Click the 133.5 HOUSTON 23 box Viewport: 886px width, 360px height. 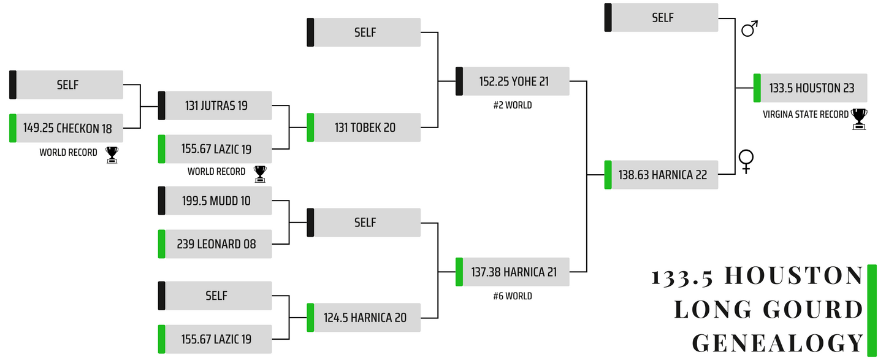811,88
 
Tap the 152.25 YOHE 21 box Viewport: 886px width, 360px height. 513,82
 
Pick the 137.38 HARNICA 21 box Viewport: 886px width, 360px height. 513,272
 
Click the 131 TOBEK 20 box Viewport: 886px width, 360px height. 364,128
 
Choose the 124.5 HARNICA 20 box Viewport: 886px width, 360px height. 364,318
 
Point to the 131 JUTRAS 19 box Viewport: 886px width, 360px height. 216,105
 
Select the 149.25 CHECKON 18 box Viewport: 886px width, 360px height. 67,128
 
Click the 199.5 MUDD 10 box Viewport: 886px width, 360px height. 216,201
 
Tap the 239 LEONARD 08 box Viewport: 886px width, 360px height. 216,244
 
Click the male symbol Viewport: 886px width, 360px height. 749,29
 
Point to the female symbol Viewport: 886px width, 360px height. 746,161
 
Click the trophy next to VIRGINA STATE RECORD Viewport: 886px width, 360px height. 859,119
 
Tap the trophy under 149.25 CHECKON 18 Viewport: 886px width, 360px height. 112,155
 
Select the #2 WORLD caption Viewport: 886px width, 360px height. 513,105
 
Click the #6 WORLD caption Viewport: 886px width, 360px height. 513,296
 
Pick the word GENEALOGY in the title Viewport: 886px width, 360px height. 777,342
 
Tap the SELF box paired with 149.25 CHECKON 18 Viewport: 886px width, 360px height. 67,85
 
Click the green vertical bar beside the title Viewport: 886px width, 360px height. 871,310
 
